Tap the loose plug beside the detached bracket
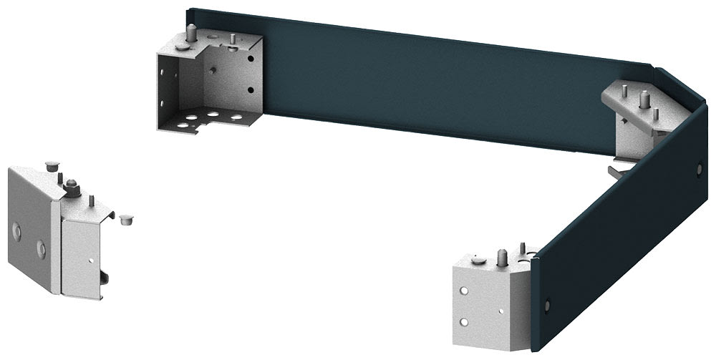pyautogui.click(x=126, y=218)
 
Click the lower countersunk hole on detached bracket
pyautogui.click(x=40, y=248)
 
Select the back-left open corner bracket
pyautogui.click(x=211, y=82)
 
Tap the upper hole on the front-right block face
pyautogui.click(x=465, y=292)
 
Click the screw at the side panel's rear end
pyautogui.click(x=700, y=168)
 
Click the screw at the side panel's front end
pyautogui.click(x=548, y=305)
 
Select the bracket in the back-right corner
pyautogui.click(x=634, y=115)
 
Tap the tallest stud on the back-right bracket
pyautogui.click(x=644, y=98)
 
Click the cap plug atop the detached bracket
pyautogui.click(x=51, y=165)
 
